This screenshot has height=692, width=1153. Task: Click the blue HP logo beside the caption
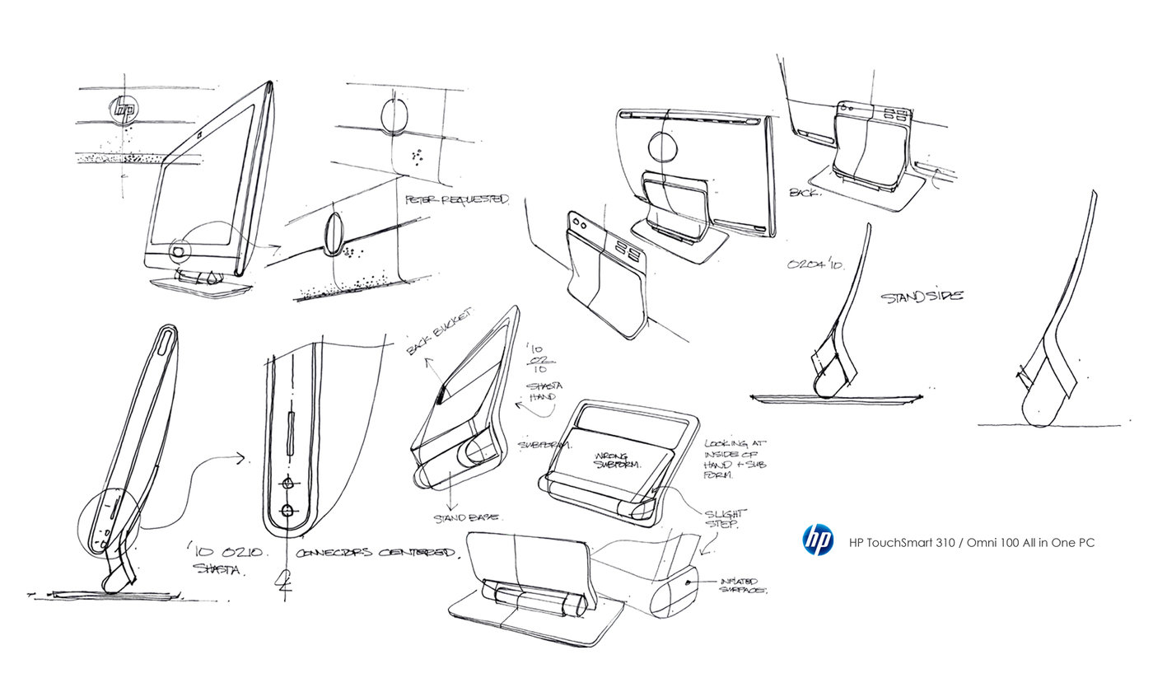point(818,540)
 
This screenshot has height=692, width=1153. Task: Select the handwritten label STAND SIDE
point(921,296)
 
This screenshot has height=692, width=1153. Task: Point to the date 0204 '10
point(815,265)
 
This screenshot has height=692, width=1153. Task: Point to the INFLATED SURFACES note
point(743,584)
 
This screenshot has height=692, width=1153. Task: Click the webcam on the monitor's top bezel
point(200,132)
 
